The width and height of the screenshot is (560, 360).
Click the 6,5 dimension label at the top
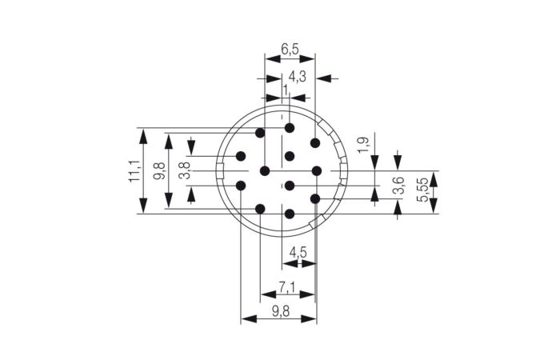290,49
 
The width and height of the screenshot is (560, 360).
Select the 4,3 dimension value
297,77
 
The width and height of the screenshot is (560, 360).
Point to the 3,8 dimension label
183,171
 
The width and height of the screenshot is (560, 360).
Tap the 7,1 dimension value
287,287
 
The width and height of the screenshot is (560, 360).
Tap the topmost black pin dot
290,128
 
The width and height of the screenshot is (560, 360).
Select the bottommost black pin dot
290,214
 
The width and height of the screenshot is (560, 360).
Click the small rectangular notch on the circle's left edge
222,170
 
